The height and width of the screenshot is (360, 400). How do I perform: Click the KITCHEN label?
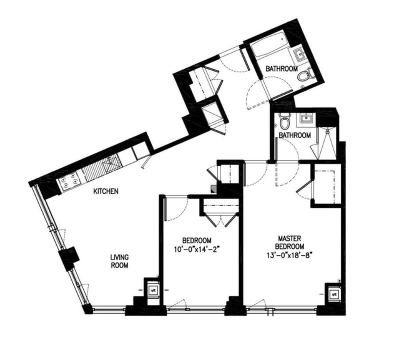105,191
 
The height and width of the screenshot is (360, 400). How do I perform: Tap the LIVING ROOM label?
119,261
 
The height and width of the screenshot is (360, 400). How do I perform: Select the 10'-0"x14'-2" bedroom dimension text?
196,249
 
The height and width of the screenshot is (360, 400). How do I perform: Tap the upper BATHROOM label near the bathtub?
281,68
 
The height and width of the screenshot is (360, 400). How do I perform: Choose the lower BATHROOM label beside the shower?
294,135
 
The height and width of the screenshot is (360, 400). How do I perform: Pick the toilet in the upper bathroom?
305,74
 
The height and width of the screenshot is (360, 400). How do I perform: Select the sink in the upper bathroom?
298,54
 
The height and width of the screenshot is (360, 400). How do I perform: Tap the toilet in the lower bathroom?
284,121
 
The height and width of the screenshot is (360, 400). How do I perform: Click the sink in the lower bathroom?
306,118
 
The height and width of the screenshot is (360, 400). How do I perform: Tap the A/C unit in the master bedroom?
334,294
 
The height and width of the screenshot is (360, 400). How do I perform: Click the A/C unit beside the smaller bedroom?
153,290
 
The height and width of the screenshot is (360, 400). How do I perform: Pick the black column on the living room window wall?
69,257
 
